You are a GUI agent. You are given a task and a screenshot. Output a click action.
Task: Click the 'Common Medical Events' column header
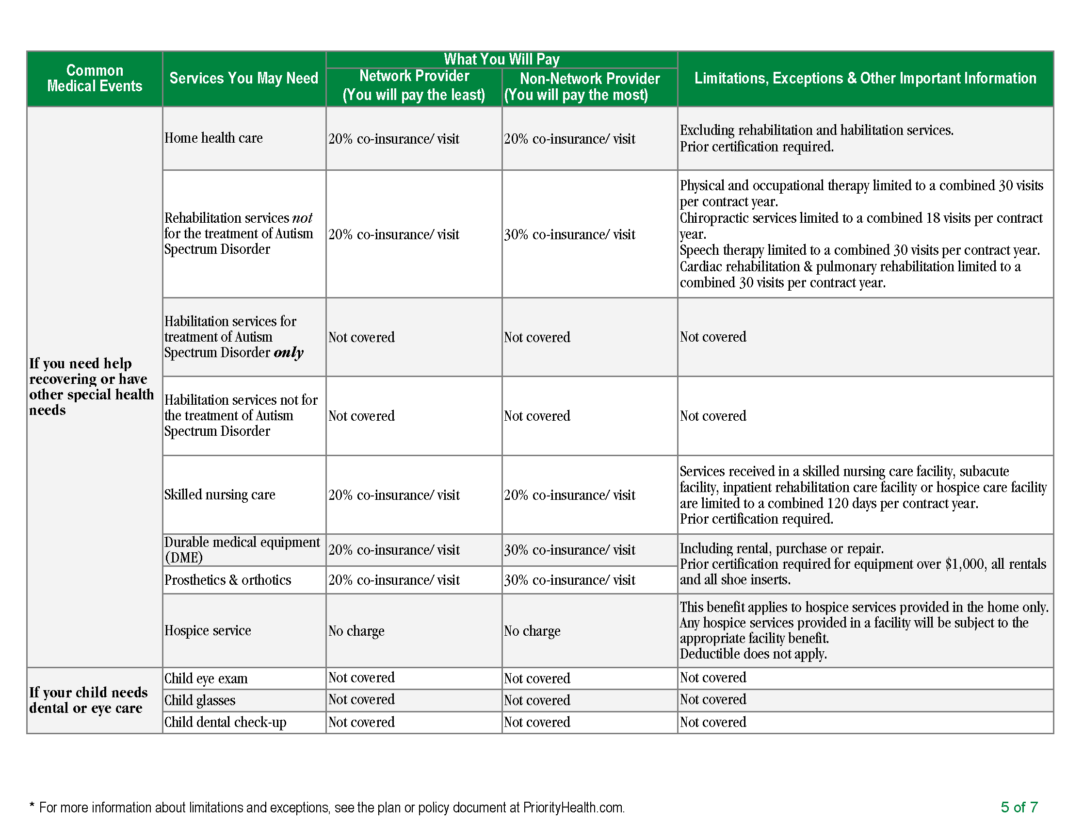tap(94, 78)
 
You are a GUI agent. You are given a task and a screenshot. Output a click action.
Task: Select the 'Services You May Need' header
tap(243, 78)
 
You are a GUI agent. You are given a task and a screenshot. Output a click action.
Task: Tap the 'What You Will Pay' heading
tap(501, 59)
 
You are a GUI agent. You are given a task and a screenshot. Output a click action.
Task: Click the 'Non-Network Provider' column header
tap(589, 79)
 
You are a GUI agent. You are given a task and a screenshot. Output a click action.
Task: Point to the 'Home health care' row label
tap(213, 138)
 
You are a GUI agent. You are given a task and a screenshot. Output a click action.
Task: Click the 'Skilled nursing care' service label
tap(219, 495)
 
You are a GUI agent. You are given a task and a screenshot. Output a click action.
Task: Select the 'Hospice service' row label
tap(207, 630)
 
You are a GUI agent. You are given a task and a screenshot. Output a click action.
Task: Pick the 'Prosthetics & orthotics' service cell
tap(227, 579)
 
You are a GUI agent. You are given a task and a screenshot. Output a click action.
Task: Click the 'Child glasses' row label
tap(199, 700)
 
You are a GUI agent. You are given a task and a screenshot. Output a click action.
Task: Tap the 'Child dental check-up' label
tap(225, 723)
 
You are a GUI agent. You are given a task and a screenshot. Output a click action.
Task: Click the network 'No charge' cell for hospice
tap(356, 631)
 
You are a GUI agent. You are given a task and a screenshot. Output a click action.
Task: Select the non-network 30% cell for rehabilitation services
tap(569, 234)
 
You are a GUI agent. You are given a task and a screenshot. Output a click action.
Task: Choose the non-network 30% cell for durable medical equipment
tap(569, 550)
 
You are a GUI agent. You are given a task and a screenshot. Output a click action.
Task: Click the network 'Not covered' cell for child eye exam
tap(361, 677)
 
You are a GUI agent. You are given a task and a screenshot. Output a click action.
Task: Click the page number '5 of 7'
tap(1018, 807)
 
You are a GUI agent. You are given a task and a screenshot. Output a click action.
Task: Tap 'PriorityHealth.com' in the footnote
tap(573, 808)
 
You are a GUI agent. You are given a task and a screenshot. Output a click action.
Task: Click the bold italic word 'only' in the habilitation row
tap(288, 352)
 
